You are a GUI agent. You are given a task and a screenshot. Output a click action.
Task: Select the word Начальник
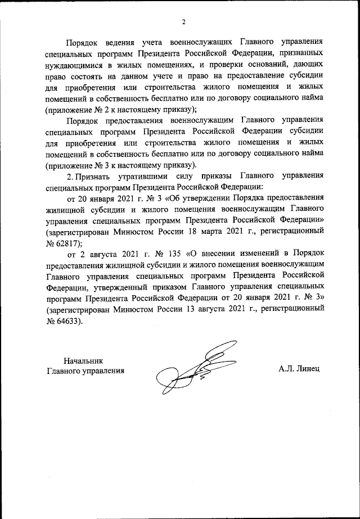83,360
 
